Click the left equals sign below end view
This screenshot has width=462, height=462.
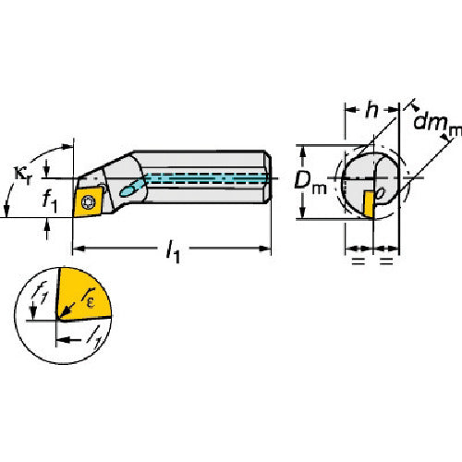[x=357, y=262]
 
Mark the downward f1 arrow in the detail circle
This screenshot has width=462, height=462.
[x=32, y=312]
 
